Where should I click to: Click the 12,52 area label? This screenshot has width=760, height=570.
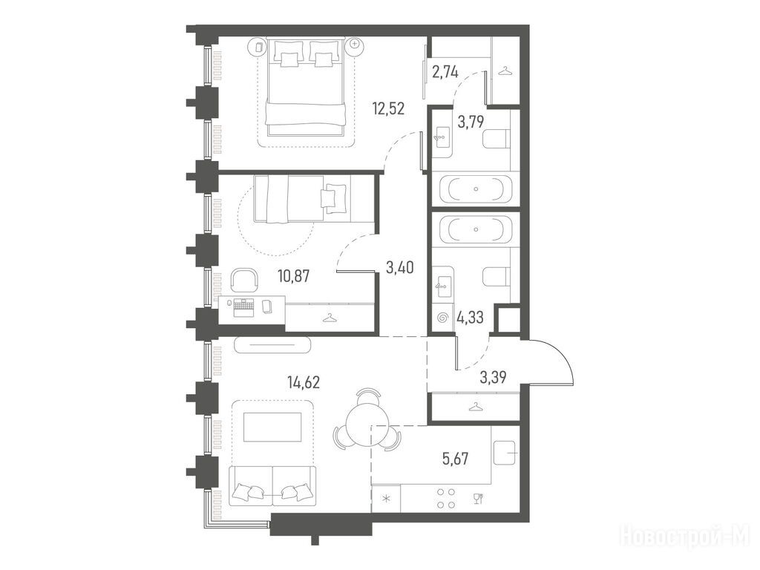click(x=387, y=108)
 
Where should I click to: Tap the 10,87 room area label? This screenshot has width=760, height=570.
click(x=294, y=276)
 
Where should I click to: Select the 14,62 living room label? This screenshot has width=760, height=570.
click(x=304, y=382)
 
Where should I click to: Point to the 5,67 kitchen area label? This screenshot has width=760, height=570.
click(x=455, y=459)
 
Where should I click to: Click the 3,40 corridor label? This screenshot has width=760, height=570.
click(x=400, y=266)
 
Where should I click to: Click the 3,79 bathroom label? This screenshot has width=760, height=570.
click(x=471, y=122)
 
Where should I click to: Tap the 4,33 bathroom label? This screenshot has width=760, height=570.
click(x=470, y=318)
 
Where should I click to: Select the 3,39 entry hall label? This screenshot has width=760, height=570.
click(x=493, y=377)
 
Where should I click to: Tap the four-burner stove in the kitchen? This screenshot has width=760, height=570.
click(x=446, y=498)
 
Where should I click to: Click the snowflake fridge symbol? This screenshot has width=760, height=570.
click(x=386, y=499)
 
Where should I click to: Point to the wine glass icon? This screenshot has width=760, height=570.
click(x=477, y=499)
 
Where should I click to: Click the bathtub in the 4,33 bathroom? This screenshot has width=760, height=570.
click(x=476, y=229)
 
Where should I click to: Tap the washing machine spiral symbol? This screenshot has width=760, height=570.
click(x=442, y=318)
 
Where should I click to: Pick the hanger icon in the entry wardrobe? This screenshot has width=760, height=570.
click(x=476, y=406)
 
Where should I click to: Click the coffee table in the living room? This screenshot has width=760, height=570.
click(x=272, y=427)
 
